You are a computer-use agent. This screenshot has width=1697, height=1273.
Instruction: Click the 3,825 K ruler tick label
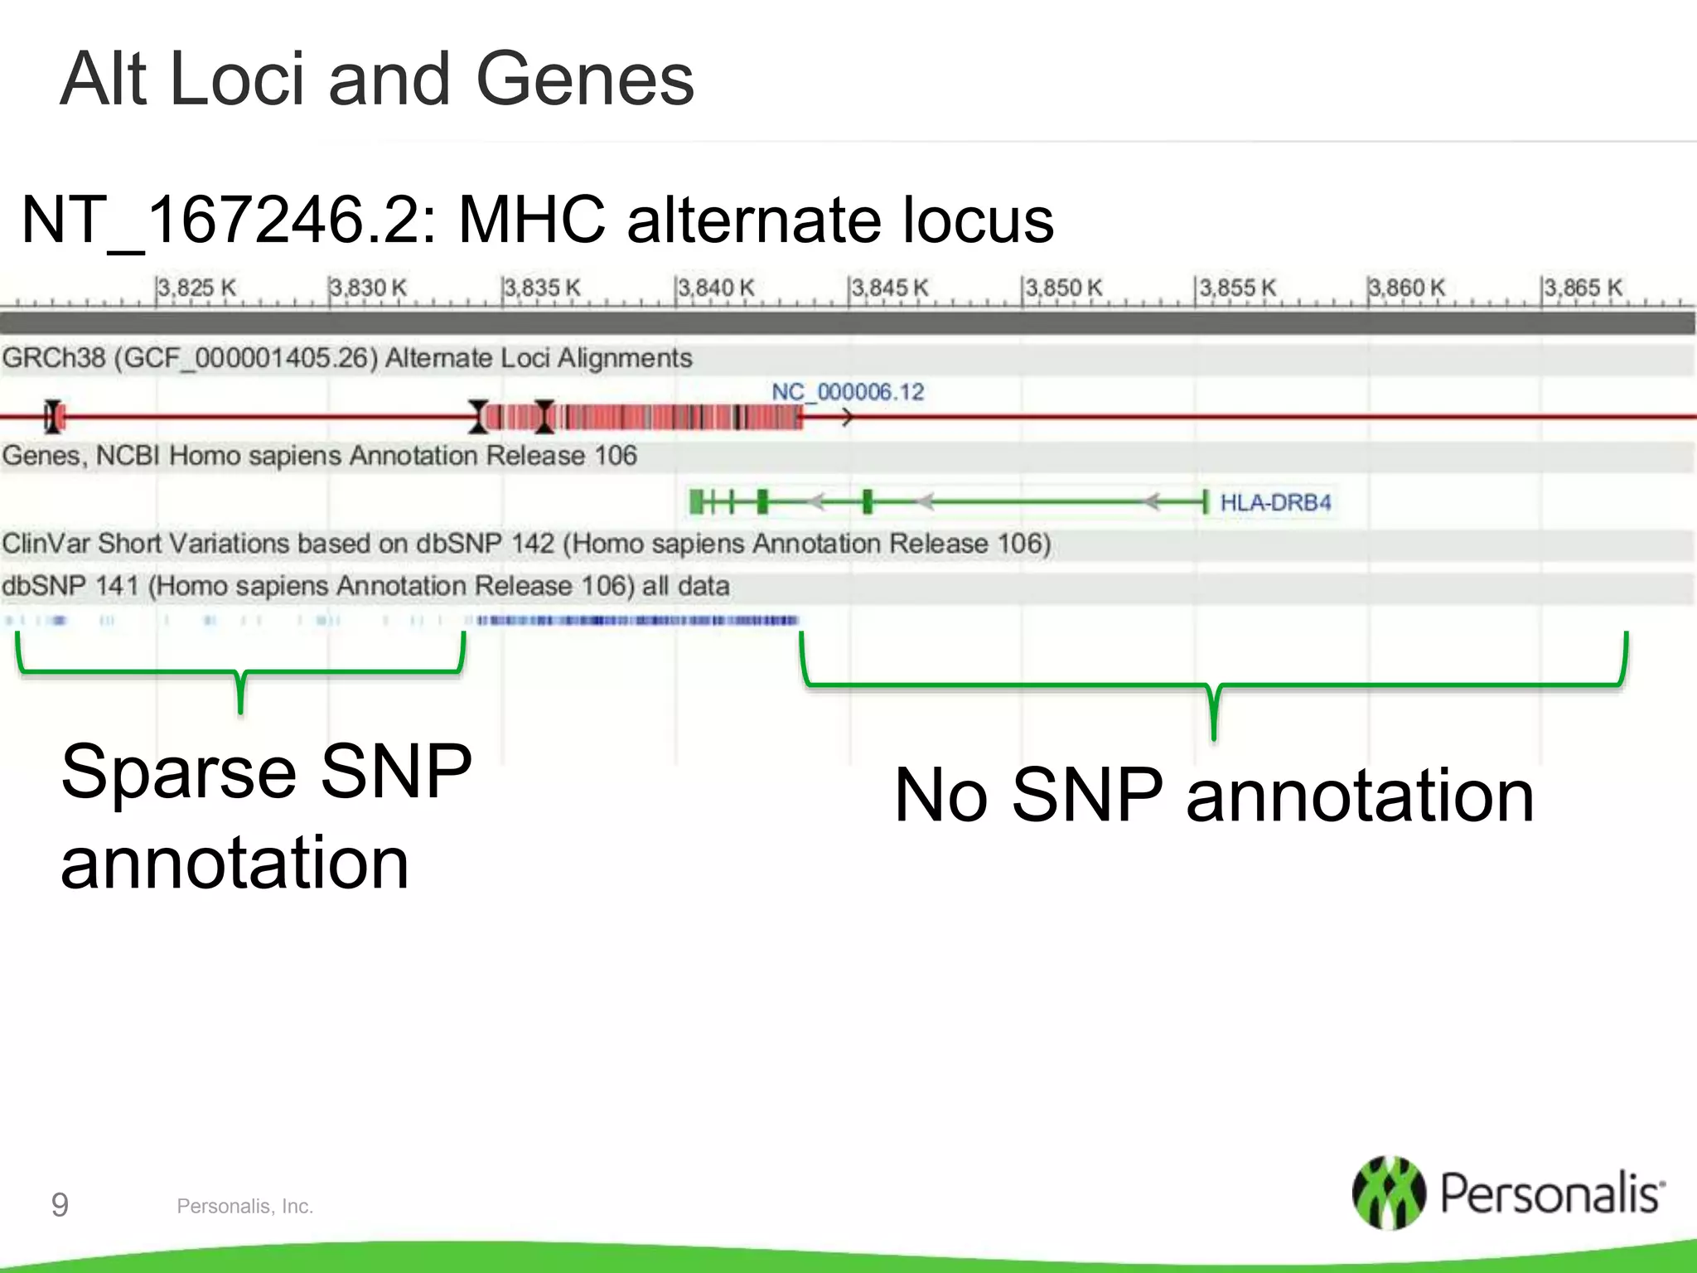(197, 288)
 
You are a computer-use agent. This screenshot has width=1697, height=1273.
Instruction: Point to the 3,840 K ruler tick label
(717, 288)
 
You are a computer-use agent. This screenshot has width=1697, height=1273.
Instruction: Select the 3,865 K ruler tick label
(1583, 288)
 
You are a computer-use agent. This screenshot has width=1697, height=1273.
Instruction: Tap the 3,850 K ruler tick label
(1065, 288)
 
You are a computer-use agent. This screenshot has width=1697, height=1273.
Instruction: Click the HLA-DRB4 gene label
(1275, 502)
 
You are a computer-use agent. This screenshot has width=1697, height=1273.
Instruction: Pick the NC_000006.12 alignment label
(848, 392)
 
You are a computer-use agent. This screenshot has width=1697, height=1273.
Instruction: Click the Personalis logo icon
(1389, 1193)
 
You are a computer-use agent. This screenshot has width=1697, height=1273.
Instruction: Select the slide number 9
(60, 1204)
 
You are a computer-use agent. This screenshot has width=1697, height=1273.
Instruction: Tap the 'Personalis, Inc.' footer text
(244, 1207)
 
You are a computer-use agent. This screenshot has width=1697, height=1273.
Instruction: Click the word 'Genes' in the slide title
(585, 80)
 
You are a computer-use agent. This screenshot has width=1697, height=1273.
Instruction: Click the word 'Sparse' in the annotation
(178, 772)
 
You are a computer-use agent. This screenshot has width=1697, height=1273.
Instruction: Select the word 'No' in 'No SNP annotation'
(941, 796)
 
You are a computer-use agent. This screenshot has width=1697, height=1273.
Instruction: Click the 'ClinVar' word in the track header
(46, 544)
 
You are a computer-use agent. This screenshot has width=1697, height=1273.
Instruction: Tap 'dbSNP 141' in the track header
(70, 586)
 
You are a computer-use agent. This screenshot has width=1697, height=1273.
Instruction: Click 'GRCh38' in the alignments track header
(53, 358)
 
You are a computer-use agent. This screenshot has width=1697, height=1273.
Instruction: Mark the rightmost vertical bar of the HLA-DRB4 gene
(1205, 501)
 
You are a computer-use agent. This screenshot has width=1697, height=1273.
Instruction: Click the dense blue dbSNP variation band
(636, 620)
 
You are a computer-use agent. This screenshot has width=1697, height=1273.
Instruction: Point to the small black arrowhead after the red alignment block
(846, 418)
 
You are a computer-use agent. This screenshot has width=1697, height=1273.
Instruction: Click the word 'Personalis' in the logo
(1552, 1194)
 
